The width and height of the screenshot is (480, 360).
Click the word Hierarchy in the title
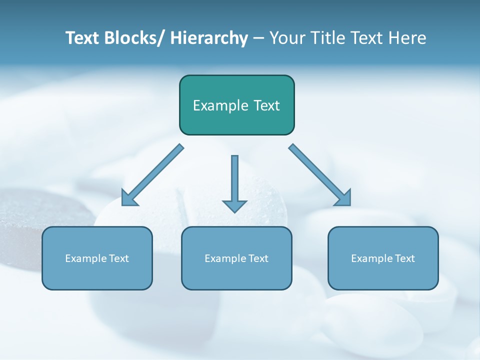point(209,38)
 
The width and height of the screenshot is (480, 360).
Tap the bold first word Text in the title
point(82,38)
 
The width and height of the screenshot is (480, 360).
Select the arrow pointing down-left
point(152,175)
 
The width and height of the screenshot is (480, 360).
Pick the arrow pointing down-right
point(320,175)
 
